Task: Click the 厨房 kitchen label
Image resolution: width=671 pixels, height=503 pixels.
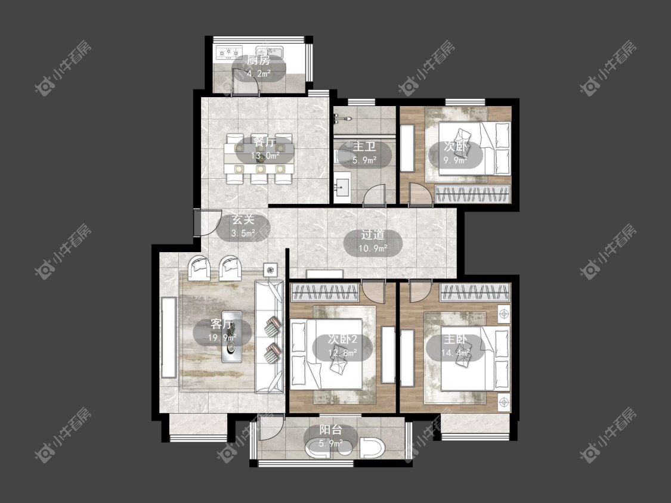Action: coord(258,60)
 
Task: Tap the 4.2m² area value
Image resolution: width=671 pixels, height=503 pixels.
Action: coord(258,73)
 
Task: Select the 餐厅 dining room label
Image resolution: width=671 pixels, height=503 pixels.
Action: coord(264,142)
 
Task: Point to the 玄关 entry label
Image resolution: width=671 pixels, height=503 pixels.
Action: coord(243,220)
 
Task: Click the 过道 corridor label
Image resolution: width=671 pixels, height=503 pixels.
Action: coord(373,235)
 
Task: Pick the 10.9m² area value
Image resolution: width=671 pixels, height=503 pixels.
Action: coord(373,248)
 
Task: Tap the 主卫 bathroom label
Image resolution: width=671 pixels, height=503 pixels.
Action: coord(364,147)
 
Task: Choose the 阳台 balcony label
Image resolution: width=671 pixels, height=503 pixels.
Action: coord(330,430)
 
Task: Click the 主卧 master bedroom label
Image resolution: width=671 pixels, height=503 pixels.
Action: coord(455,340)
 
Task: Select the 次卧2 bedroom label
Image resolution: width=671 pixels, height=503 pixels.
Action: coord(342,340)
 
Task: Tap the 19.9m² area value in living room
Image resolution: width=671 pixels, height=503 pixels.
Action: coord(222,338)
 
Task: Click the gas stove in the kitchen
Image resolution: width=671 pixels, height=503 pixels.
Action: coord(230,52)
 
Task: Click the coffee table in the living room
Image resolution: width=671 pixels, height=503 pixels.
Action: coord(231,337)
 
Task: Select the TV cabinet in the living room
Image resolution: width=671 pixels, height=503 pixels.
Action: coord(169,337)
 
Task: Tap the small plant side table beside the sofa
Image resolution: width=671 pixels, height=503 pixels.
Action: coord(270,270)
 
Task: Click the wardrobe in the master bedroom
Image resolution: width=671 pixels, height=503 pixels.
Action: coord(475,293)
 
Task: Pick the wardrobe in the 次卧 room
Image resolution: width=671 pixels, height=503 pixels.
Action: coord(472,194)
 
